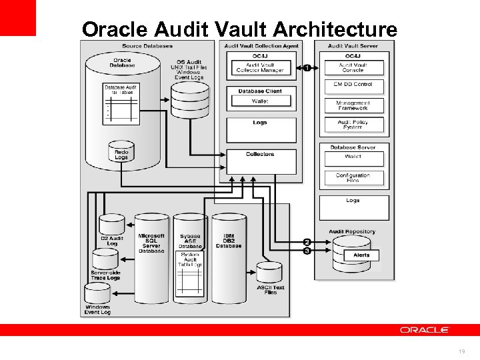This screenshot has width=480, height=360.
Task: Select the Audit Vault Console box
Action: (353, 67)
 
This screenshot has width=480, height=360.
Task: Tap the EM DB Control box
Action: (353, 85)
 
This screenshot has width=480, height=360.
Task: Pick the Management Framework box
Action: (353, 105)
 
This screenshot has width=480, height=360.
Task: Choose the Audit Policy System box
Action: (353, 124)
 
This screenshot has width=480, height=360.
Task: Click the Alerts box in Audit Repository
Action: (362, 255)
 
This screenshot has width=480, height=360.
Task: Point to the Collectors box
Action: (260, 160)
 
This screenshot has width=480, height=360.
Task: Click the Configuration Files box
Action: (353, 178)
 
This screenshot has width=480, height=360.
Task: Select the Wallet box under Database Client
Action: (260, 102)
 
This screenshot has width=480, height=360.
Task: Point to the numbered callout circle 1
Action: (307, 67)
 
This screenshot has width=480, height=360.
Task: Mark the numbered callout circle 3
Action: (307, 251)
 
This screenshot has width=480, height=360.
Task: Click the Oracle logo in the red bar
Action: (425, 330)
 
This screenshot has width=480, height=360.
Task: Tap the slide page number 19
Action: (461, 351)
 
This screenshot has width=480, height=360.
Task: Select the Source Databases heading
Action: (147, 46)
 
